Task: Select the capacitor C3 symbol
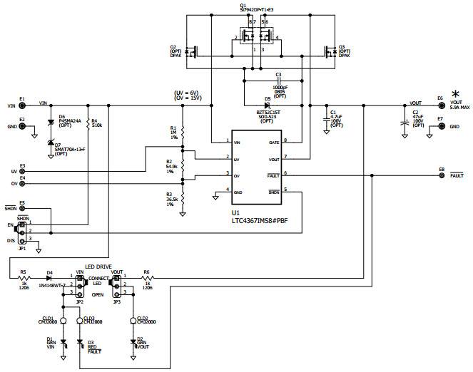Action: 278,81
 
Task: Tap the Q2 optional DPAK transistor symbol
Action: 191,51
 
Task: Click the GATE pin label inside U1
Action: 273,142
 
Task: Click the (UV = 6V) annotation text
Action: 187,94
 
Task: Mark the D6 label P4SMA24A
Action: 70,122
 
